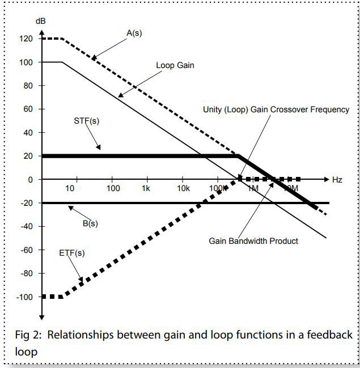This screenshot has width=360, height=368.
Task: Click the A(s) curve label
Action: [134, 33]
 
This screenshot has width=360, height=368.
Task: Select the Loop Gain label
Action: [175, 65]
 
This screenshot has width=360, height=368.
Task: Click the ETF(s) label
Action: [72, 253]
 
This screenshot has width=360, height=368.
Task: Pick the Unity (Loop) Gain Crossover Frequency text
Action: [276, 109]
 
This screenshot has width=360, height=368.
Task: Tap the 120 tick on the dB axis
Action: [26, 39]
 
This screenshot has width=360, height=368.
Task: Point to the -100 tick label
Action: [24, 297]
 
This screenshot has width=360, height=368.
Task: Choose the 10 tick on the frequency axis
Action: [70, 188]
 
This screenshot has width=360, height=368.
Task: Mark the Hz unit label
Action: [337, 180]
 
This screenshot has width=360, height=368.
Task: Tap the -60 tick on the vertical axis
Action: [26, 250]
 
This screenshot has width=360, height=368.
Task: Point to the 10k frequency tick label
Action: [183, 188]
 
